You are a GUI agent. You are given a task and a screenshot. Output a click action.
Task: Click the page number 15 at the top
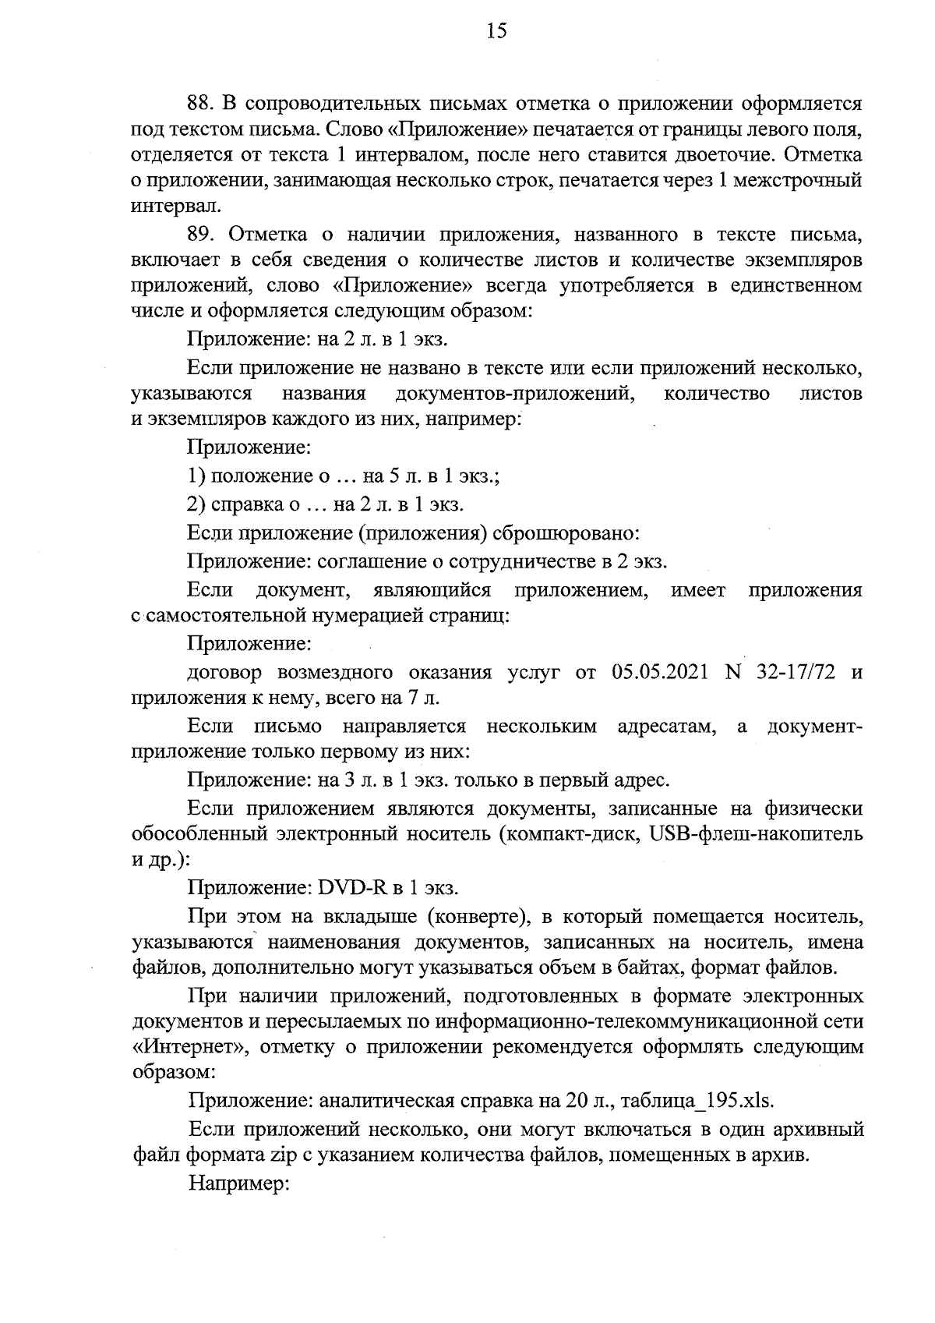pos(496,31)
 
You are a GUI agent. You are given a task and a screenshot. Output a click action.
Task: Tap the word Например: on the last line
pos(238,1183)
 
